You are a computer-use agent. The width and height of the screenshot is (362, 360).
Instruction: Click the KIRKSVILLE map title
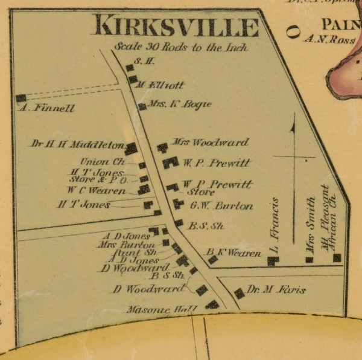click(x=175, y=27)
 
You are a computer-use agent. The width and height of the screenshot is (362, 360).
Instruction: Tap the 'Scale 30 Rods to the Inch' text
click(x=180, y=47)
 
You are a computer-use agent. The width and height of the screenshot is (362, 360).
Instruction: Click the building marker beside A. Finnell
click(x=21, y=98)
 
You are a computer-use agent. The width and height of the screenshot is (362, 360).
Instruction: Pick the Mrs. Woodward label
click(x=210, y=143)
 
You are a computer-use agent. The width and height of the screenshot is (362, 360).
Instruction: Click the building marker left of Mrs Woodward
click(x=162, y=147)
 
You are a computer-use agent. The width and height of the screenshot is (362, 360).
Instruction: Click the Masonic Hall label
click(x=162, y=309)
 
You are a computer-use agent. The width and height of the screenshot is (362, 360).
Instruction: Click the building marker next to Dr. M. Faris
click(x=240, y=293)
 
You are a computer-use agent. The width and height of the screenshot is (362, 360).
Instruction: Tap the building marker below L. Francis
click(x=273, y=260)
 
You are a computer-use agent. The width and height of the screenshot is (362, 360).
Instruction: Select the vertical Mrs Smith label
click(x=310, y=225)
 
